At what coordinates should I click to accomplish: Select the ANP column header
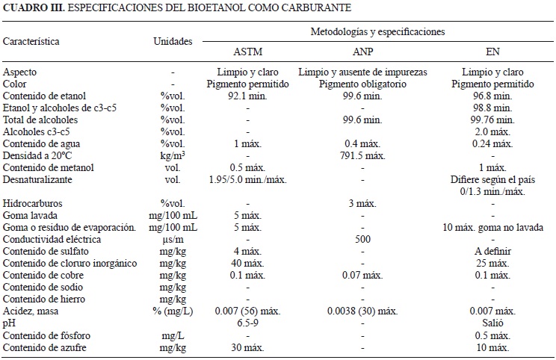click(362, 52)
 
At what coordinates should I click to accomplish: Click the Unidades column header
click(173, 42)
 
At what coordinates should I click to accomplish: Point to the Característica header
click(31, 42)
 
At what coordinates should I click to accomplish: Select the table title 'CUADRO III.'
click(34, 7)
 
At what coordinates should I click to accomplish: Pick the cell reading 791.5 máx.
click(362, 155)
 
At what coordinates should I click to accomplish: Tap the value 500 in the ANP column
click(362, 240)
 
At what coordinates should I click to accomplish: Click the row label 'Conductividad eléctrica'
click(50, 240)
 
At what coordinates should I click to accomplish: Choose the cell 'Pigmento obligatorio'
click(362, 84)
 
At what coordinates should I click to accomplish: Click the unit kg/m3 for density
click(173, 155)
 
